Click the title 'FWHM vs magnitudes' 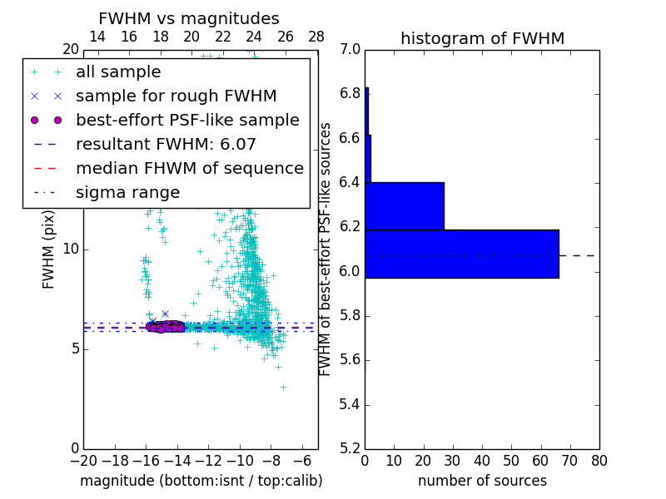[x=189, y=19]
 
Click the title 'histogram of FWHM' [x=482, y=38]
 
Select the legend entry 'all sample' [x=118, y=72]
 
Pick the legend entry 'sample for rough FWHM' [x=176, y=96]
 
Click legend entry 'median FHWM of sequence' [x=189, y=168]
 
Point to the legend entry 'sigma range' [x=127, y=192]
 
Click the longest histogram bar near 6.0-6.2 [x=461, y=254]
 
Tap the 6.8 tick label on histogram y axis [x=350, y=94]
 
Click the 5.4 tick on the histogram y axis [x=350, y=405]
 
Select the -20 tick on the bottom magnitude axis [x=83, y=461]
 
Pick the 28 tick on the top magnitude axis [x=316, y=37]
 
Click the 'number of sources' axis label [x=482, y=481]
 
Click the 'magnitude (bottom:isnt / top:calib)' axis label [x=201, y=481]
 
